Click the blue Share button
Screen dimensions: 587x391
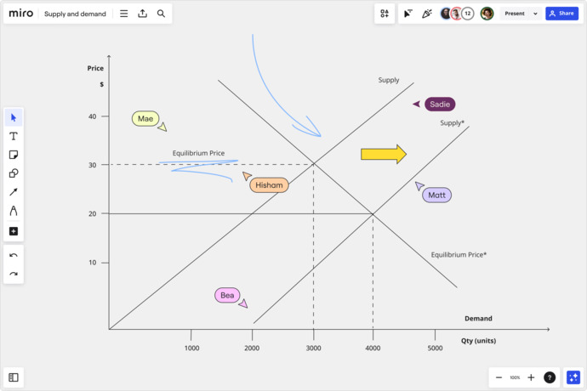tap(561, 14)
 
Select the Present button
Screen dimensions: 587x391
tap(515, 14)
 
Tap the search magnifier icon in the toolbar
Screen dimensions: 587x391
tap(161, 14)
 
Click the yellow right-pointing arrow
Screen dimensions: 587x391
tap(384, 154)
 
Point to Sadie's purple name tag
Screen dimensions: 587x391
tap(440, 105)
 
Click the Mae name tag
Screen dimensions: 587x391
tap(145, 119)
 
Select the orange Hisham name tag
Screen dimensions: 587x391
tap(269, 185)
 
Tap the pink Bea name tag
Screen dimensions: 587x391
tap(227, 295)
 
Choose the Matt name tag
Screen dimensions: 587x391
tap(437, 195)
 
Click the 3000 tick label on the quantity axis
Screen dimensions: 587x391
tap(313, 348)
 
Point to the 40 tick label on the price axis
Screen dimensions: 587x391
tap(93, 116)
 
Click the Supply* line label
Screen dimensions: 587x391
tap(453, 122)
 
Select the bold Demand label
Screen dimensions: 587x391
tap(478, 319)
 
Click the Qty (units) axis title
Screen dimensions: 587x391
tap(478, 341)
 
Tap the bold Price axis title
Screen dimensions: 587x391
tap(95, 68)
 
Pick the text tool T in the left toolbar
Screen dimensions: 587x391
tap(14, 136)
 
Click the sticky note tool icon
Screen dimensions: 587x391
tap(14, 155)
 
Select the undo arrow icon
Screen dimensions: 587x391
tap(14, 255)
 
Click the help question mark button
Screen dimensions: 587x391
tap(550, 377)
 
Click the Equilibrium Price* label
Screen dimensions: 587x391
tap(459, 255)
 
